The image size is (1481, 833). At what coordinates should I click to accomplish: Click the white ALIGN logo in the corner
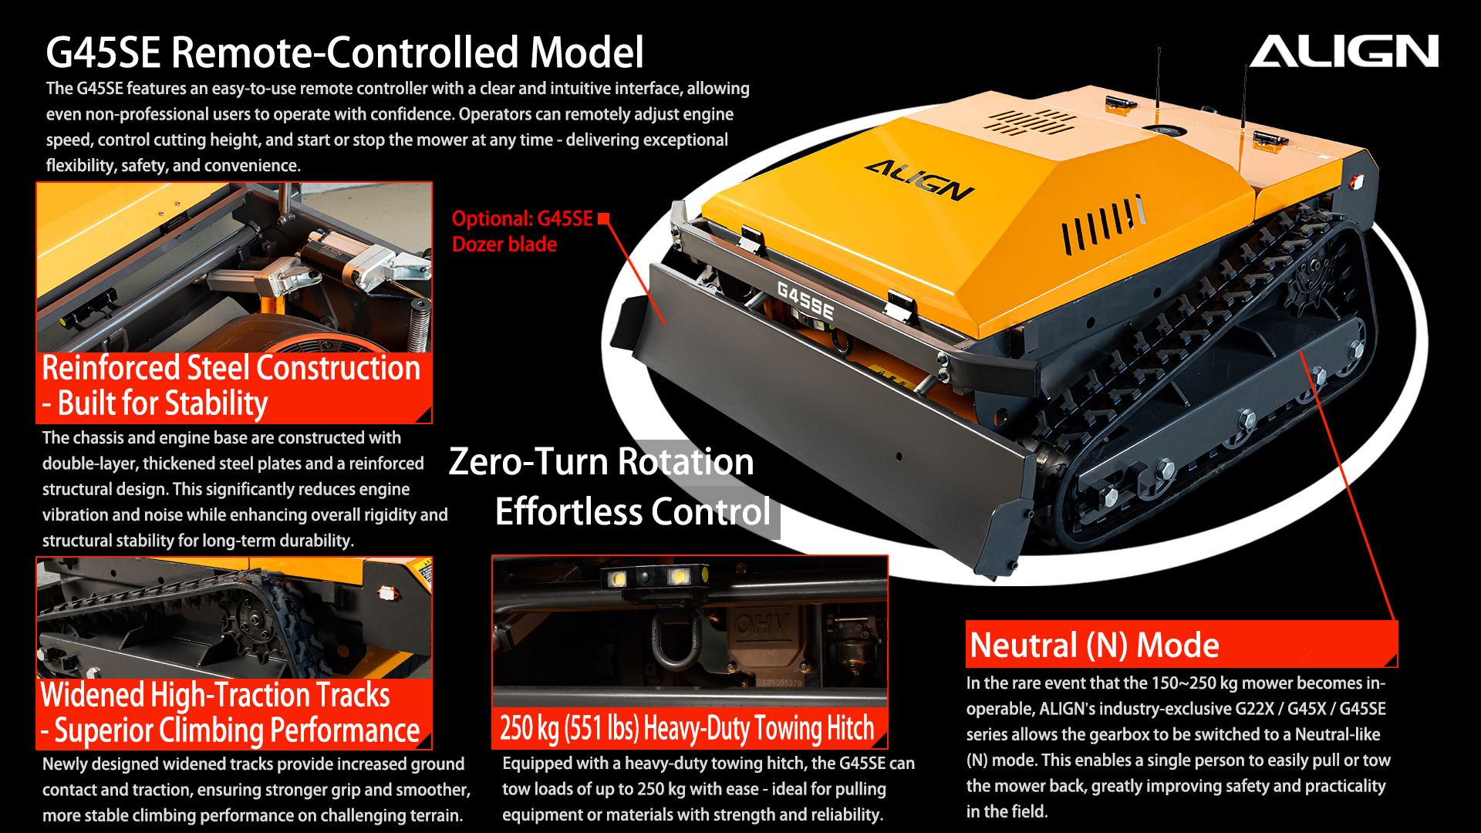(x=1344, y=51)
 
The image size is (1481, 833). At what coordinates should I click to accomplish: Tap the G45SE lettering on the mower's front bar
(x=805, y=301)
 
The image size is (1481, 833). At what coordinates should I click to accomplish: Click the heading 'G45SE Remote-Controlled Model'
(x=344, y=52)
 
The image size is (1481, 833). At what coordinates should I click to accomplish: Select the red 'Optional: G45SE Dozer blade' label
(x=522, y=231)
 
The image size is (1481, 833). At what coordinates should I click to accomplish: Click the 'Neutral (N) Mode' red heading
(x=1094, y=645)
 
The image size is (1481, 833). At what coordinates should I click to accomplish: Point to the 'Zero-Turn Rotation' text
(x=601, y=461)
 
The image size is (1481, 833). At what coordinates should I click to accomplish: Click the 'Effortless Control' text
(x=633, y=511)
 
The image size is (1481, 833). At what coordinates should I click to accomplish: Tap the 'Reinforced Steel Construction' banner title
(x=231, y=368)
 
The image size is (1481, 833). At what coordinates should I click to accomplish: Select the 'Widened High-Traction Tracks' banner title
(x=215, y=695)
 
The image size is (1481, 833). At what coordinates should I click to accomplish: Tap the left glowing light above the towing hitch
(x=618, y=578)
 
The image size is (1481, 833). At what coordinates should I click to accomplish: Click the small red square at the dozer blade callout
(x=604, y=218)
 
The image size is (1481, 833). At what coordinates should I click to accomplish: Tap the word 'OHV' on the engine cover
(x=761, y=623)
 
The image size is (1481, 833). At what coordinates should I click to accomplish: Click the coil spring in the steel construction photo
(x=419, y=324)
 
